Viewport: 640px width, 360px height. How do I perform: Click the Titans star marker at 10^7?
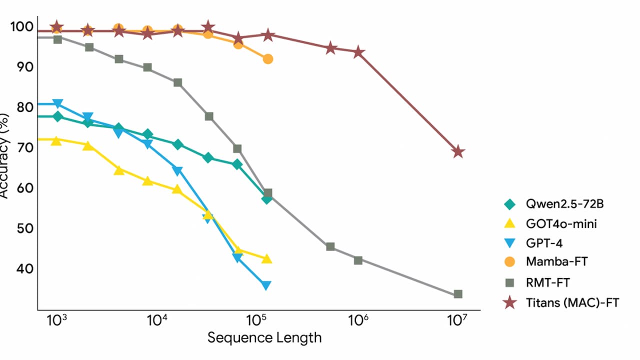pos(458,152)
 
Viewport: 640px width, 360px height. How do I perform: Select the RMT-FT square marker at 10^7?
pos(458,294)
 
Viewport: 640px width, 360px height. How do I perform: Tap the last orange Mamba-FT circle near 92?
pos(267,59)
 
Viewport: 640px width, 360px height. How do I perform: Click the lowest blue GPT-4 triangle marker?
pos(266,285)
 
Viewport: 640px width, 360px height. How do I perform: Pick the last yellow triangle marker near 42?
pos(266,258)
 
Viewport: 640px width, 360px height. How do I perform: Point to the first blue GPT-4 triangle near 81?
pos(57,103)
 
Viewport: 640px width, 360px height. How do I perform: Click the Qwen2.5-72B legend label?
pos(561,204)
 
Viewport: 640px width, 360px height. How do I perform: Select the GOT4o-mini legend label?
pos(561,223)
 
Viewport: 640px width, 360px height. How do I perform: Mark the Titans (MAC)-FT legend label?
pos(572,302)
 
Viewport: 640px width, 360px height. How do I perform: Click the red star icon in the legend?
pos(509,302)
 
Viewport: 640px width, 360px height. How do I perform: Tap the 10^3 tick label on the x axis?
pos(56,320)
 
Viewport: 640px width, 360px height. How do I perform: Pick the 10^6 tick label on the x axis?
pos(357,320)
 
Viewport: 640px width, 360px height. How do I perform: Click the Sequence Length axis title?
pos(264,338)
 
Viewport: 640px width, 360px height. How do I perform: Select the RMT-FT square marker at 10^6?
pos(358,260)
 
